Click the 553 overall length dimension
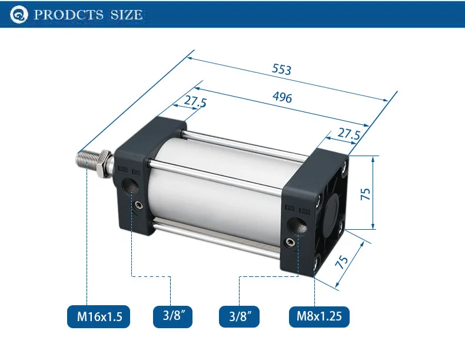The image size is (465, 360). pyautogui.click(x=282, y=69)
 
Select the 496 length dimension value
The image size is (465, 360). pyautogui.click(x=282, y=97)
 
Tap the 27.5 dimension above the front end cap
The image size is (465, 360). pyautogui.click(x=195, y=101)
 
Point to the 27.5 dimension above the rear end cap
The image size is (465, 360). pyautogui.click(x=348, y=134)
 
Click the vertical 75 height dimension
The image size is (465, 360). pyautogui.click(x=366, y=194)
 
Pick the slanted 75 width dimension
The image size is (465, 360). pyautogui.click(x=341, y=262)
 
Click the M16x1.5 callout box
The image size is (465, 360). pyautogui.click(x=98, y=316)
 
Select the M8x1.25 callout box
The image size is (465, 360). pyautogui.click(x=319, y=316)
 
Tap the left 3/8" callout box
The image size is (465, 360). pyautogui.click(x=172, y=316)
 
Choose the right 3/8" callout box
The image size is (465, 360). pyautogui.click(x=239, y=316)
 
